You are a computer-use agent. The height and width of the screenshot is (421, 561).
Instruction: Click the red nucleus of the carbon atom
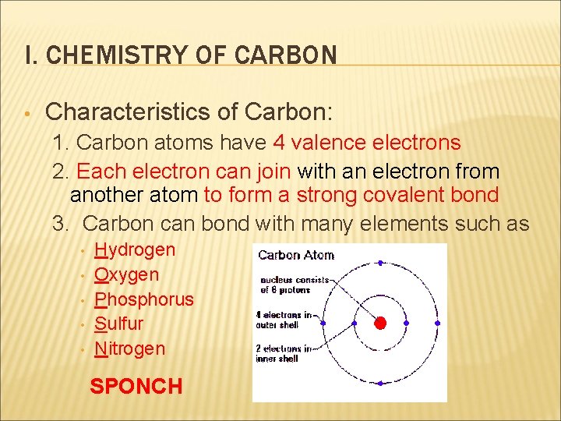[x=380, y=323]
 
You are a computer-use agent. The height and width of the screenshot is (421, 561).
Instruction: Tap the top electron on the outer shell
[x=380, y=263]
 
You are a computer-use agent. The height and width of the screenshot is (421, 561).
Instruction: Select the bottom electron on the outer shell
[x=380, y=384]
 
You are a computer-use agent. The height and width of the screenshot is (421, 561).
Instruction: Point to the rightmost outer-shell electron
[x=437, y=323]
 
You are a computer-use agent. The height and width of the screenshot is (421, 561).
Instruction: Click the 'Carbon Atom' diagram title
[x=295, y=255]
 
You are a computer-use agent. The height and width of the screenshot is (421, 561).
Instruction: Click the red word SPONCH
[x=136, y=386]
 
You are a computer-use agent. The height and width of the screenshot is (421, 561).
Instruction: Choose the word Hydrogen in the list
[x=135, y=250]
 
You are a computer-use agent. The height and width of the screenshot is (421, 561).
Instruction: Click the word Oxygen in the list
[x=126, y=274]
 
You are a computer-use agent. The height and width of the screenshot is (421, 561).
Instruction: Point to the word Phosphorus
[x=144, y=299]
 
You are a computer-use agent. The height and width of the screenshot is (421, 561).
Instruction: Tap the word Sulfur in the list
[x=119, y=324]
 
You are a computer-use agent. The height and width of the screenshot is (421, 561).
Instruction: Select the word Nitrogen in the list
[x=130, y=348]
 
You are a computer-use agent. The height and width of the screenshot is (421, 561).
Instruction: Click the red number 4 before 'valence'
[x=279, y=143]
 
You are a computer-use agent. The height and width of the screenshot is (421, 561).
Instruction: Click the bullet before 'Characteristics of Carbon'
[x=26, y=113]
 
